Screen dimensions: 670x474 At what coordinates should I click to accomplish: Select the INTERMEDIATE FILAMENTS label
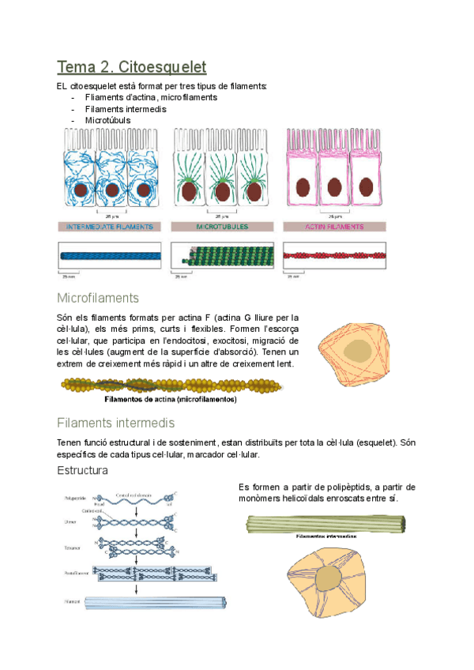tap(109, 227)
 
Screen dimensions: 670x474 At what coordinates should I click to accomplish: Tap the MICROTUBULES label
tap(222, 227)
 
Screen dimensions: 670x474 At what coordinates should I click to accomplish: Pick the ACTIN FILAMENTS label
tap(335, 227)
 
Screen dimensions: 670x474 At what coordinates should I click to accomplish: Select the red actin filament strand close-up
tap(335, 256)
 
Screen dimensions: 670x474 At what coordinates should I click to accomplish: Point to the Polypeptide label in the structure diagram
tap(76, 499)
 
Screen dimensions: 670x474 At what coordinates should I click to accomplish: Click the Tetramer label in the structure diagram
tap(72, 547)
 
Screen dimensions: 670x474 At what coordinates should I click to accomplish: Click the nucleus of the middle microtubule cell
tap(223, 190)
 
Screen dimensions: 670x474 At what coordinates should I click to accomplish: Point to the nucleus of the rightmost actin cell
tap(367, 186)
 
